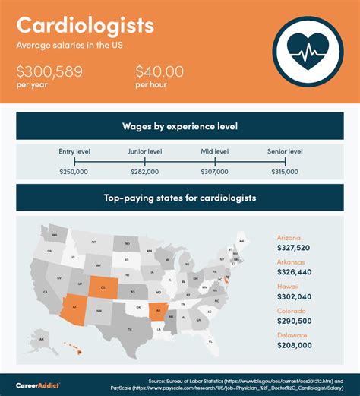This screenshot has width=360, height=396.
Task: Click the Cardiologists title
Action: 85,26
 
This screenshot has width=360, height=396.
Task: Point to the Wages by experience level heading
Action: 180,125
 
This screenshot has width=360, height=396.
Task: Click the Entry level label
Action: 74,152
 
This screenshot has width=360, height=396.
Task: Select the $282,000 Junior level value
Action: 144,173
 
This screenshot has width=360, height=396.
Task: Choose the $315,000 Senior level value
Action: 285,173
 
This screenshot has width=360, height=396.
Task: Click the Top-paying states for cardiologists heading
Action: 180,198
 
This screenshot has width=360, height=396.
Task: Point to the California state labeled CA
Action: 46,291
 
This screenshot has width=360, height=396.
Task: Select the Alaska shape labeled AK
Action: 43,339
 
